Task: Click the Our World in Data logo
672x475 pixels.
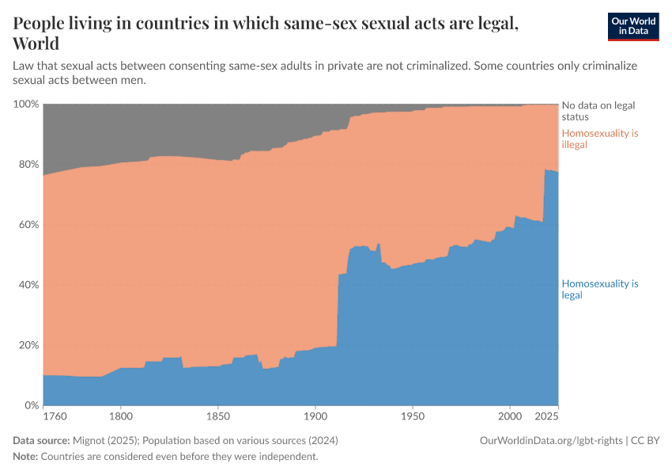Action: (632, 26)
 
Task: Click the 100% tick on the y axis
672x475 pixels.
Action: (25, 104)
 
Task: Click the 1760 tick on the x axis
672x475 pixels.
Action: (54, 416)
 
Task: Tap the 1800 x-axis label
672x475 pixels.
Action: (120, 416)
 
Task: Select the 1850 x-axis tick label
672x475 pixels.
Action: (217, 416)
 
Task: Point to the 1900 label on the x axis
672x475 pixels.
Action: (315, 416)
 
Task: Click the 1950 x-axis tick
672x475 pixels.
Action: (412, 416)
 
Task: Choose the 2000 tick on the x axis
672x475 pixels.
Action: (509, 416)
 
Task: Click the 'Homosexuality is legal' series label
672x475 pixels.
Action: (599, 289)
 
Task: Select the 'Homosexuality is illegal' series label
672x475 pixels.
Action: (599, 139)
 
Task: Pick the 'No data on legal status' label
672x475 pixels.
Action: (598, 110)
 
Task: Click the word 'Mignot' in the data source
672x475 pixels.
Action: (89, 440)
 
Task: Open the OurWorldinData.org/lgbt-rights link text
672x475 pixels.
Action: (550, 440)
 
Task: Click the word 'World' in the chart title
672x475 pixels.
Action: (36, 43)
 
